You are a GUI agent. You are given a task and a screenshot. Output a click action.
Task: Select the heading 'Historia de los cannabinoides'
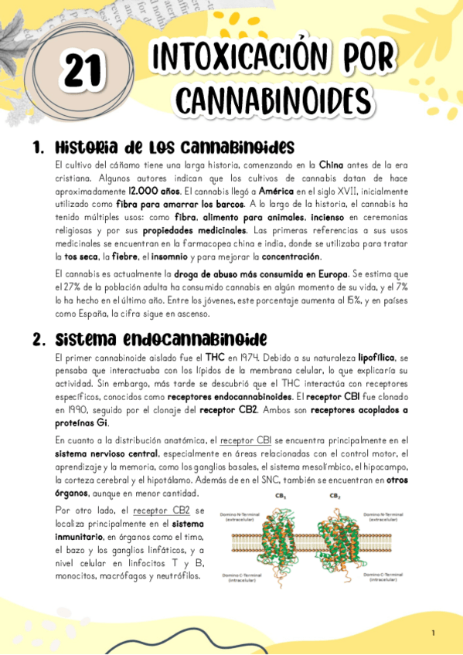pos(175,147)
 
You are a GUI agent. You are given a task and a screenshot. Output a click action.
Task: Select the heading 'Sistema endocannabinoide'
pos(162,339)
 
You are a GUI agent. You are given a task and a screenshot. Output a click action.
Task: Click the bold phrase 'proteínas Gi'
pos(82,423)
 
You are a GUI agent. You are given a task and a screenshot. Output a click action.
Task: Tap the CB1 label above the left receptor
pos(281,496)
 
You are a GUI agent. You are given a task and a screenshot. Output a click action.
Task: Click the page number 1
pos(434,633)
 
